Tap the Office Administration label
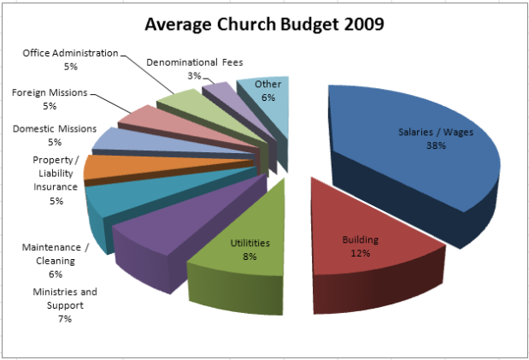pyautogui.click(x=70, y=53)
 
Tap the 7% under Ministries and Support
pyautogui.click(x=64, y=319)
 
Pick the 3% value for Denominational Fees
pyautogui.click(x=195, y=76)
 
